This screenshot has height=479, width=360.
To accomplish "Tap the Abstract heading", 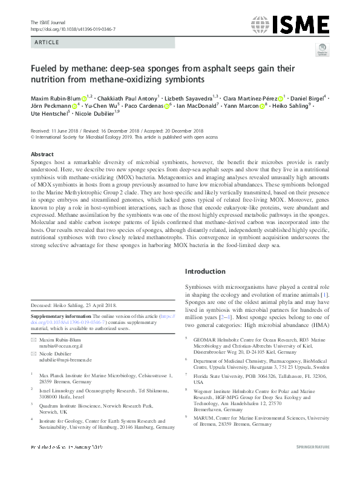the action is point(42,154).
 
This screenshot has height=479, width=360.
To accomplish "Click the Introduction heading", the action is point(206,271).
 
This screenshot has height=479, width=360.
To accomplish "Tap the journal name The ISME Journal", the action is point(47,22).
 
